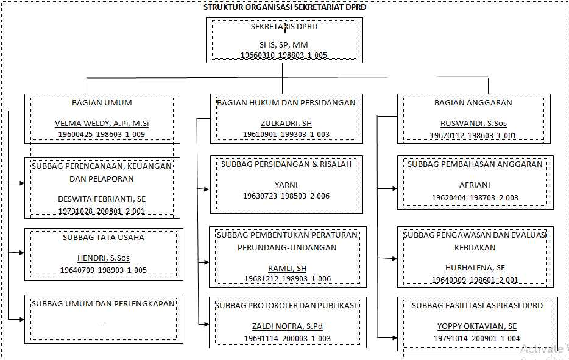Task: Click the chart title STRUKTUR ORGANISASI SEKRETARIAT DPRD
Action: [284, 7]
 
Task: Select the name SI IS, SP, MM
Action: [283, 45]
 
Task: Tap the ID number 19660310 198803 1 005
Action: [284, 55]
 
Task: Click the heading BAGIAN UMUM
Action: [102, 103]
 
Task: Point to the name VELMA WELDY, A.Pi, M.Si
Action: [102, 124]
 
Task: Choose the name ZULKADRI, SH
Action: [286, 124]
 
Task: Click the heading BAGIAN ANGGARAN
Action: [473, 103]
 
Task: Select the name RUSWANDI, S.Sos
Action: [473, 124]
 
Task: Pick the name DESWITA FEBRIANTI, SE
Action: [102, 199]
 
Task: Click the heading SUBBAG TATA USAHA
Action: [104, 238]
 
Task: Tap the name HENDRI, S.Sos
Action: [104, 258]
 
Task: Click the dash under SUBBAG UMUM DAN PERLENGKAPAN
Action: [103, 325]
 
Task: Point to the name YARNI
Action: [286, 185]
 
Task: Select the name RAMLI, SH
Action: [287, 269]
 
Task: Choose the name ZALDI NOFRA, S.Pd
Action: [288, 326]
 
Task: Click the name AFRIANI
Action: [475, 185]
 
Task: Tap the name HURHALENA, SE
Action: [475, 268]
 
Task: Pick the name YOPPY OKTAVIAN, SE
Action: [477, 326]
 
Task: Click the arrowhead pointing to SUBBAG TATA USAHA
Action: [22, 253]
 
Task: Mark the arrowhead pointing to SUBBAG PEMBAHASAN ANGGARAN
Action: [395, 189]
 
